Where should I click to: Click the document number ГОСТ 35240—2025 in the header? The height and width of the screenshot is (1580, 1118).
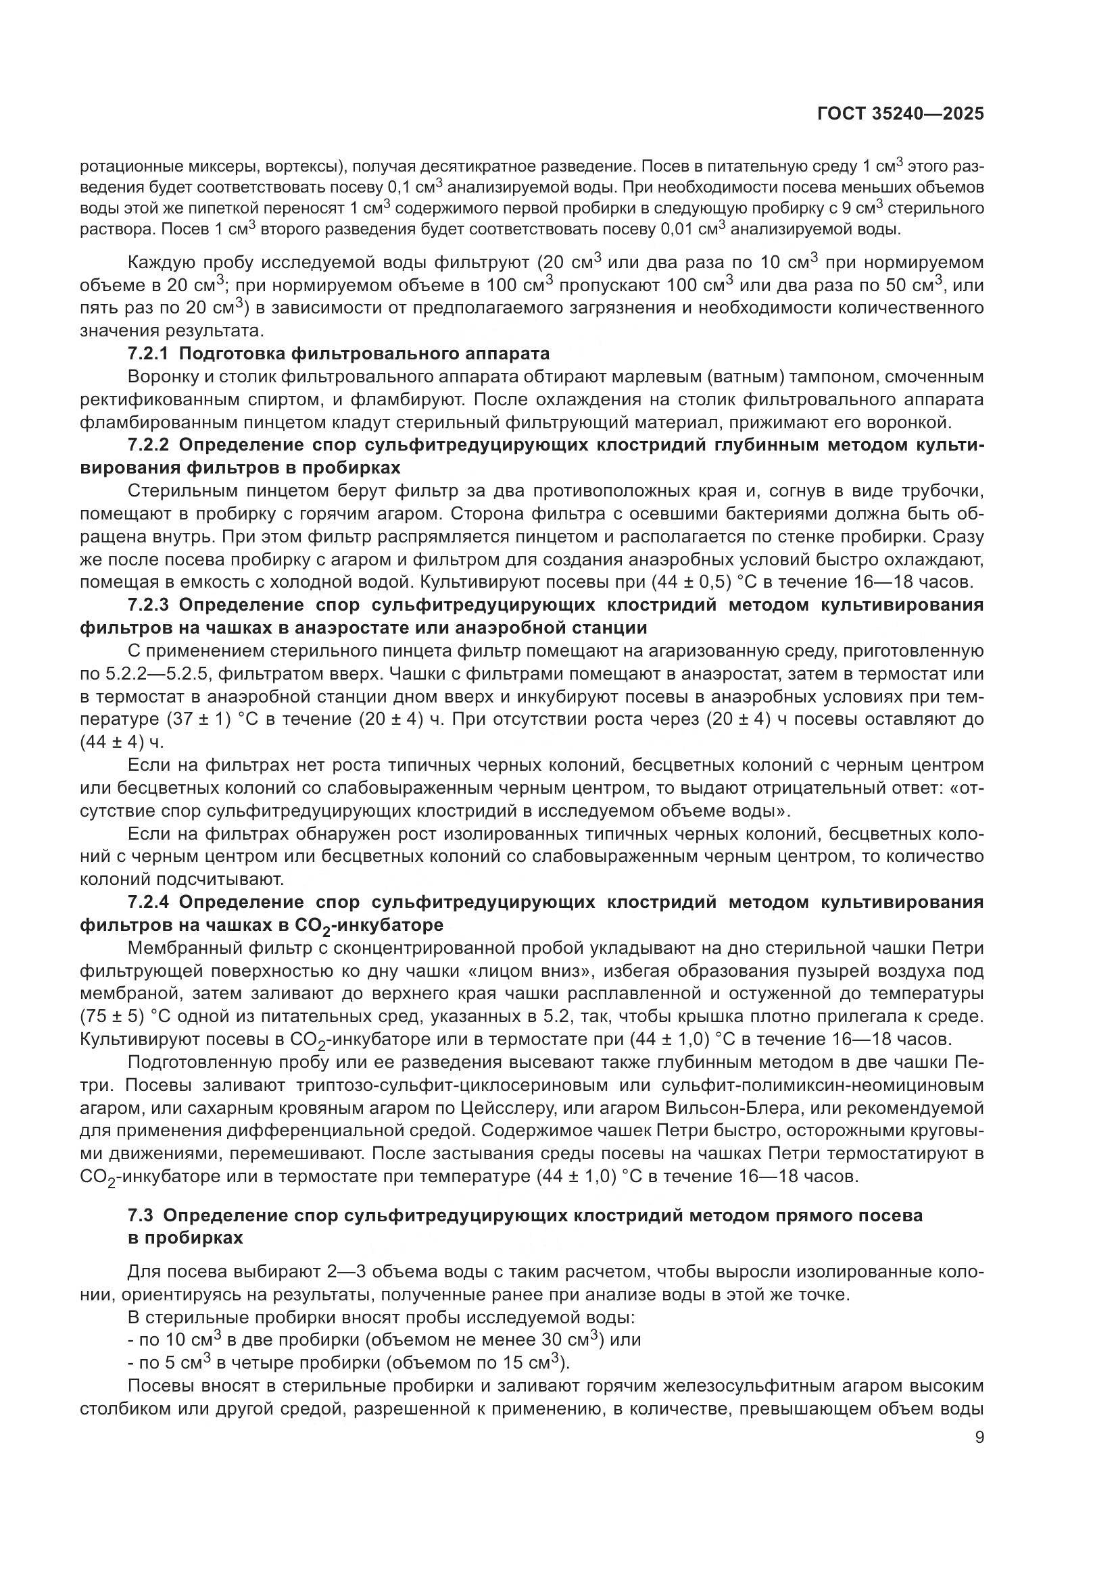click(900, 114)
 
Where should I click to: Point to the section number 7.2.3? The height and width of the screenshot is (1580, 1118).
click(147, 605)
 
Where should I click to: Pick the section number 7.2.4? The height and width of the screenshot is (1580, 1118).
click(147, 902)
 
